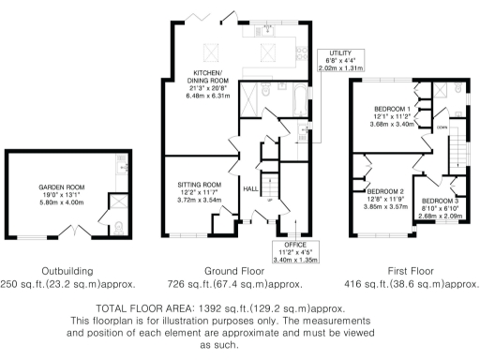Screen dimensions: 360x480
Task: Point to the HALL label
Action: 250,188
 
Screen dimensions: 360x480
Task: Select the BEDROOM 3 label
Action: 439,200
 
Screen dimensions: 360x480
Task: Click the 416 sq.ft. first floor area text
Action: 411,283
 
